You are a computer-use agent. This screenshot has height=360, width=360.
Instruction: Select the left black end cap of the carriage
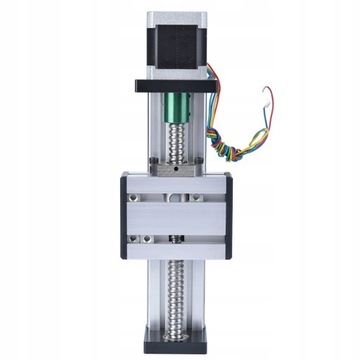pyautogui.click(x=125, y=215)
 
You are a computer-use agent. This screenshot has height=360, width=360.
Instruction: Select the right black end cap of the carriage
pyautogui.click(x=228, y=215)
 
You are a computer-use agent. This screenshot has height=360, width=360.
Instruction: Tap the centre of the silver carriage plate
pyautogui.click(x=177, y=215)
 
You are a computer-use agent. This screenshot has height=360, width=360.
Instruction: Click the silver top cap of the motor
pyautogui.click(x=178, y=18)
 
